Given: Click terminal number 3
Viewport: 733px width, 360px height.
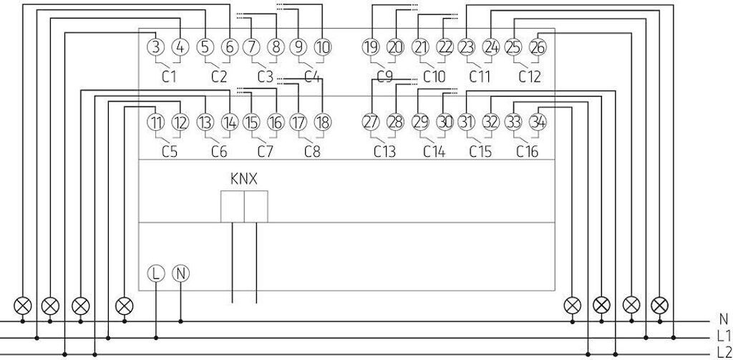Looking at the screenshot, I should click(x=156, y=48).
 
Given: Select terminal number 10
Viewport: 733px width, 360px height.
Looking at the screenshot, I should click(x=323, y=48).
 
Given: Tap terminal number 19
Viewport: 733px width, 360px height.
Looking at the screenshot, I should click(x=370, y=48).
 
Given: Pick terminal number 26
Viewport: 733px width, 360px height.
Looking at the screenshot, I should click(x=538, y=48).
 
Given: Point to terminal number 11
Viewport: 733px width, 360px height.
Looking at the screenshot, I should click(x=156, y=122).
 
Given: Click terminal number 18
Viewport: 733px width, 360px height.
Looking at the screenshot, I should click(x=323, y=122).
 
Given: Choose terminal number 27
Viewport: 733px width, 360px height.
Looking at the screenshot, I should click(x=370, y=122).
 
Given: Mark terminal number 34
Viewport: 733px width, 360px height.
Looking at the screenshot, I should click(x=538, y=122).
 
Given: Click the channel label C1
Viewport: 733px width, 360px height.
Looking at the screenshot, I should click(x=169, y=77).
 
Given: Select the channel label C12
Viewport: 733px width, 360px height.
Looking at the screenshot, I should click(x=529, y=77).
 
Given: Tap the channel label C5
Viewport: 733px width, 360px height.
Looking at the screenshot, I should click(x=169, y=151).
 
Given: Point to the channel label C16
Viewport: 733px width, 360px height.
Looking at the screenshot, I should click(x=529, y=151).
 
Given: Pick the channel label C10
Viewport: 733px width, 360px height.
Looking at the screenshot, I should click(x=433, y=77).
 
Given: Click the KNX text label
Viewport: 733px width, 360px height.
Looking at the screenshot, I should click(x=243, y=178).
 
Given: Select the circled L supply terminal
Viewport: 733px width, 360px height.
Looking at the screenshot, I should click(x=156, y=273).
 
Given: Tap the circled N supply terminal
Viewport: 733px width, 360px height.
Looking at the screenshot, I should click(x=180, y=273).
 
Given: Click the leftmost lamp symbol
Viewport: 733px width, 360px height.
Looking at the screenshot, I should click(x=24, y=305).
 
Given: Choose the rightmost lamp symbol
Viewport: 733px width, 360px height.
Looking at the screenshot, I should click(x=659, y=305).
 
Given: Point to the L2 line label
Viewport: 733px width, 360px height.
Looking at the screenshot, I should click(x=724, y=351).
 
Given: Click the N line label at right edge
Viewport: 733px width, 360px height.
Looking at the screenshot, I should click(x=723, y=320).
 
